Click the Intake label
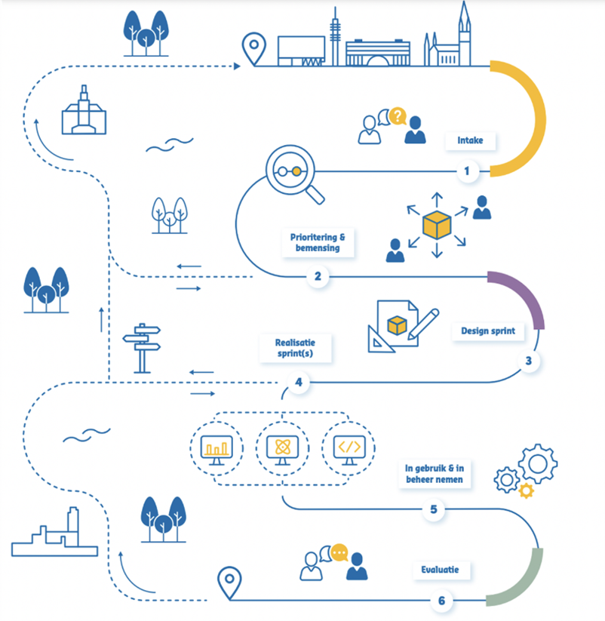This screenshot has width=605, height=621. [x=470, y=140]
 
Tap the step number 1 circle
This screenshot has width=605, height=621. [x=467, y=171]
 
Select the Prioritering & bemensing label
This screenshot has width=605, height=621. [x=318, y=242]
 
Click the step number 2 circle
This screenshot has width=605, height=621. [x=318, y=276]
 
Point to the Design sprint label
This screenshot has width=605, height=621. [x=488, y=331]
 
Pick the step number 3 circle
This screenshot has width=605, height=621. [x=529, y=361]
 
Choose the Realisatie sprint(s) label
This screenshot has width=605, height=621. [x=295, y=348]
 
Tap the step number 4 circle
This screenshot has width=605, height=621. [x=299, y=383]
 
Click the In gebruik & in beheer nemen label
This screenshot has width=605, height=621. [x=435, y=474]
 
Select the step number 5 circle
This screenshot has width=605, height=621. [x=434, y=509]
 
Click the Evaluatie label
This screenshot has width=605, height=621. [x=440, y=570]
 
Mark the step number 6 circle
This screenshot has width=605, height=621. [x=442, y=601]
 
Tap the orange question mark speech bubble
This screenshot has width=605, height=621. [x=398, y=116]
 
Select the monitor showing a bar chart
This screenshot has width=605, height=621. [x=217, y=450]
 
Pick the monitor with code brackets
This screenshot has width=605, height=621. [x=349, y=450]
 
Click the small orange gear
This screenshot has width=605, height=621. [x=527, y=490]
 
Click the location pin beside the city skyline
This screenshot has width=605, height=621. [x=253, y=49]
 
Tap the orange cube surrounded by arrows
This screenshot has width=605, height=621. [x=437, y=225]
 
